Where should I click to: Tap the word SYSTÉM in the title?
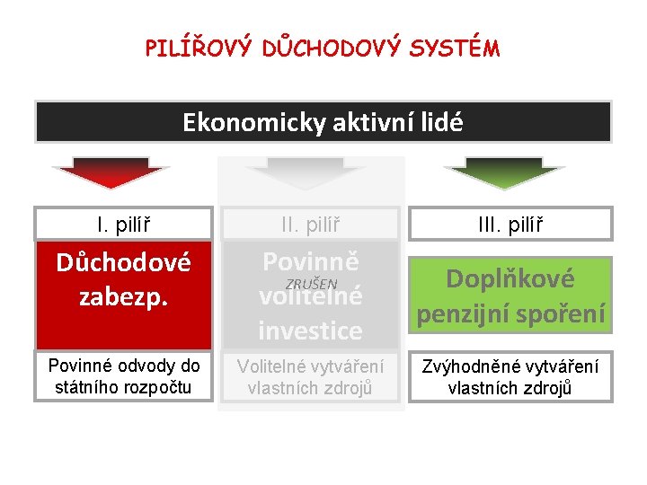(x=457, y=48)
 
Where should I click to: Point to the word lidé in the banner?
(x=440, y=122)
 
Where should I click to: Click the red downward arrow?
(x=111, y=172)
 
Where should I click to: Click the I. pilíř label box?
(x=123, y=223)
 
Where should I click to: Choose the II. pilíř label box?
(x=311, y=223)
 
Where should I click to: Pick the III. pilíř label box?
(x=511, y=223)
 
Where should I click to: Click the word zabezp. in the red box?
(x=123, y=296)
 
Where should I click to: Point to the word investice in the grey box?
(x=311, y=331)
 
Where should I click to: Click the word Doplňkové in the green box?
(x=510, y=278)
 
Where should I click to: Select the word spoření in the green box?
(x=564, y=314)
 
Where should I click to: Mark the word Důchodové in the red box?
(x=123, y=263)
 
